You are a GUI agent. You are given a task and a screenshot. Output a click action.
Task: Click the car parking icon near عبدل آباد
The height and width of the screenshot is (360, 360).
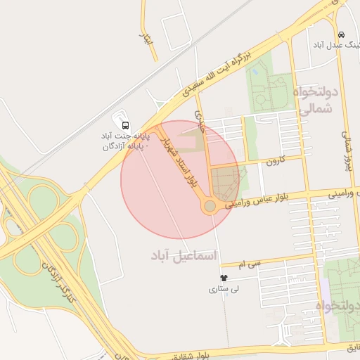341,34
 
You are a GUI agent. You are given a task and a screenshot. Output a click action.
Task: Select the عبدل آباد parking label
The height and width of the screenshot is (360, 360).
333,44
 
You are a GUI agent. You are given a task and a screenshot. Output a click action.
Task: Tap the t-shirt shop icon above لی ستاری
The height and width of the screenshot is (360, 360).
224,278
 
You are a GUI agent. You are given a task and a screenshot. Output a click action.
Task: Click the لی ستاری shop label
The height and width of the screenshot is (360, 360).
225,289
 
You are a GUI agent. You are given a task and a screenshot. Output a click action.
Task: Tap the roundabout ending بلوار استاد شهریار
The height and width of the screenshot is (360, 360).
210,206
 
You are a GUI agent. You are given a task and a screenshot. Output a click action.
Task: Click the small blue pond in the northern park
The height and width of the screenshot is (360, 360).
255,71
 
